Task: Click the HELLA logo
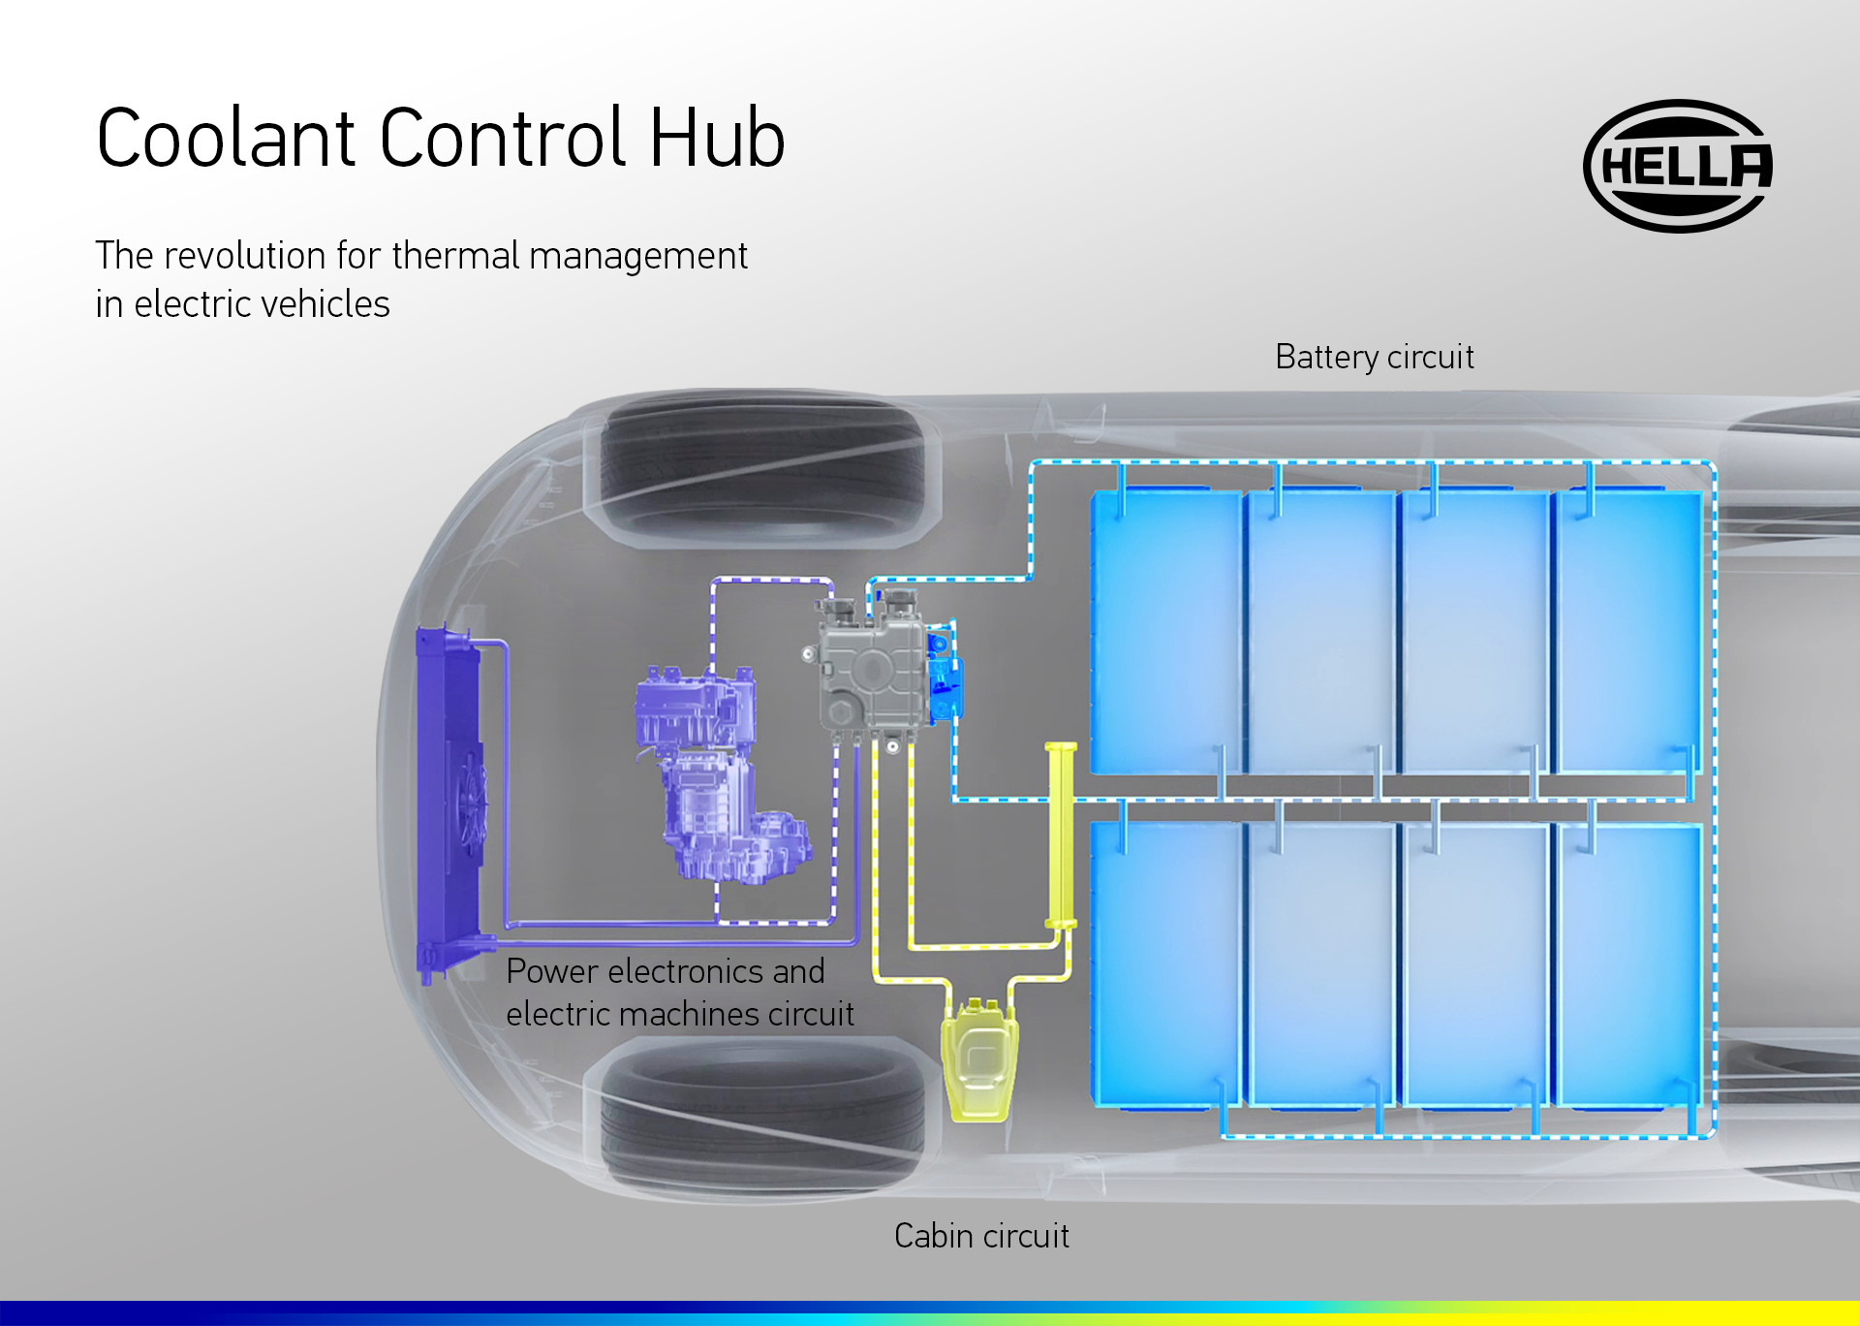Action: point(1679,166)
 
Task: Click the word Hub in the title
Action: point(717,139)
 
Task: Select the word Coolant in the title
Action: point(227,139)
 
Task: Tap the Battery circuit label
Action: point(1374,357)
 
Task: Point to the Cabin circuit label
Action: point(981,1236)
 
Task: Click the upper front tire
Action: point(762,469)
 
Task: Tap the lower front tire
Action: point(762,1115)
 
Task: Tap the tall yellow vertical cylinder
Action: point(1061,834)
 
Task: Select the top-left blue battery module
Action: point(1165,630)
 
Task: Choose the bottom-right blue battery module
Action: point(1627,964)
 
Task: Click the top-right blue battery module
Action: point(1627,630)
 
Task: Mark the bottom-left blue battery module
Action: point(1165,964)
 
